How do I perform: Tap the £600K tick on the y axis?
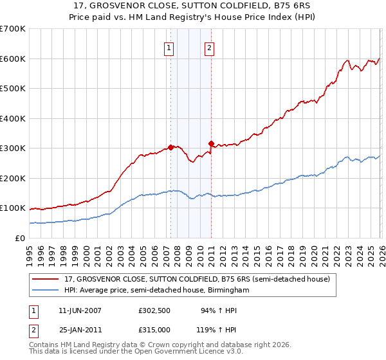(x=13, y=59)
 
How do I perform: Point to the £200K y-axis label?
(x=13, y=178)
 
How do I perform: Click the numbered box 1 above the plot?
(x=169, y=47)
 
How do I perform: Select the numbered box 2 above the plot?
(x=210, y=47)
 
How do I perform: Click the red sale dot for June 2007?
(x=170, y=147)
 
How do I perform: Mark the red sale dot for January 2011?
(x=211, y=143)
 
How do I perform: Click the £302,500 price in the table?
(x=154, y=310)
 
